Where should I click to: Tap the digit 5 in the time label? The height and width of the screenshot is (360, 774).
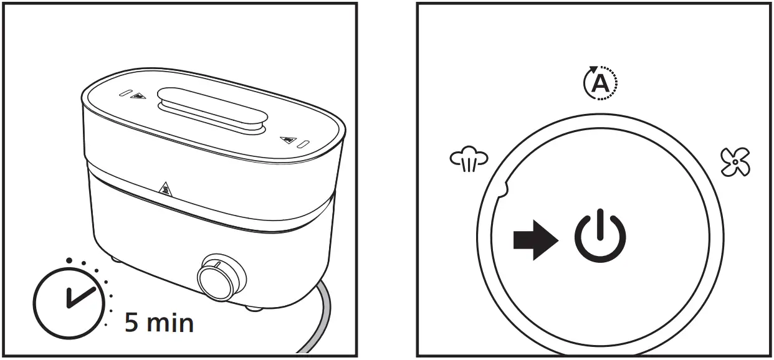[132, 322]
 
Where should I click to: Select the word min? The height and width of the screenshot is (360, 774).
[169, 322]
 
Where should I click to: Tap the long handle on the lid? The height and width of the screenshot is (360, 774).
[213, 109]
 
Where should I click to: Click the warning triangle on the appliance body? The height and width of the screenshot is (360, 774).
[166, 187]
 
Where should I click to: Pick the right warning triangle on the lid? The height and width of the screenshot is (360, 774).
[287, 140]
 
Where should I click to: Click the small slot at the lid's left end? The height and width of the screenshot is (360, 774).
[125, 93]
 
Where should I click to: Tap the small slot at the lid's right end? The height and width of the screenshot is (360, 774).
[302, 144]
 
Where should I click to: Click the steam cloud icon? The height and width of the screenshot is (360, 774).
[469, 159]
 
